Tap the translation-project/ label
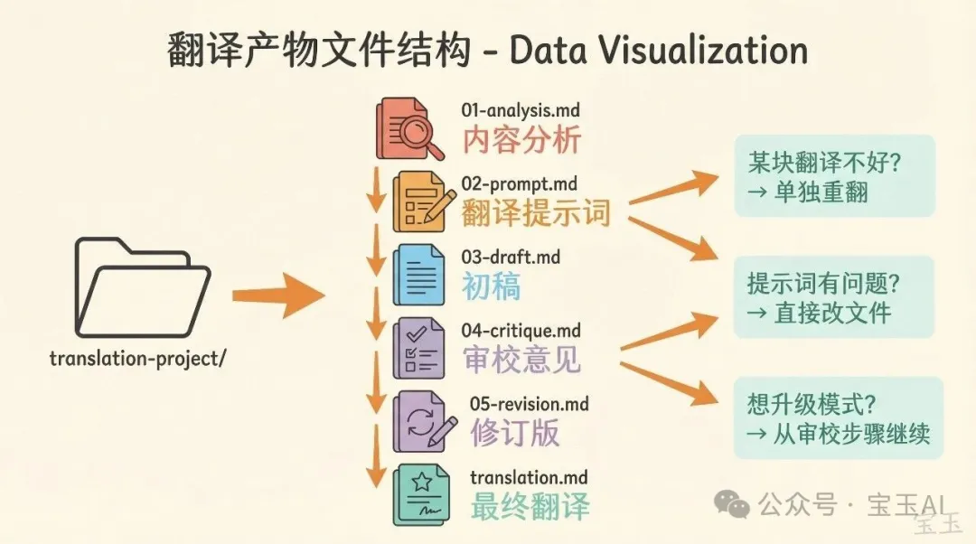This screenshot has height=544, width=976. (x=137, y=358)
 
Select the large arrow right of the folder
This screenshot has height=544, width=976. (x=277, y=295)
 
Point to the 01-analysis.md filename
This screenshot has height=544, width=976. (x=520, y=111)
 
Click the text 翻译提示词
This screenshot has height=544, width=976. (x=536, y=213)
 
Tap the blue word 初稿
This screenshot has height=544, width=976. (x=491, y=286)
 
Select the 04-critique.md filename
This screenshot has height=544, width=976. (x=521, y=331)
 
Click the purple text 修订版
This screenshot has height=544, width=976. (x=514, y=432)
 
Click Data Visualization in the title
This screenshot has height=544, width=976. (x=658, y=52)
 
